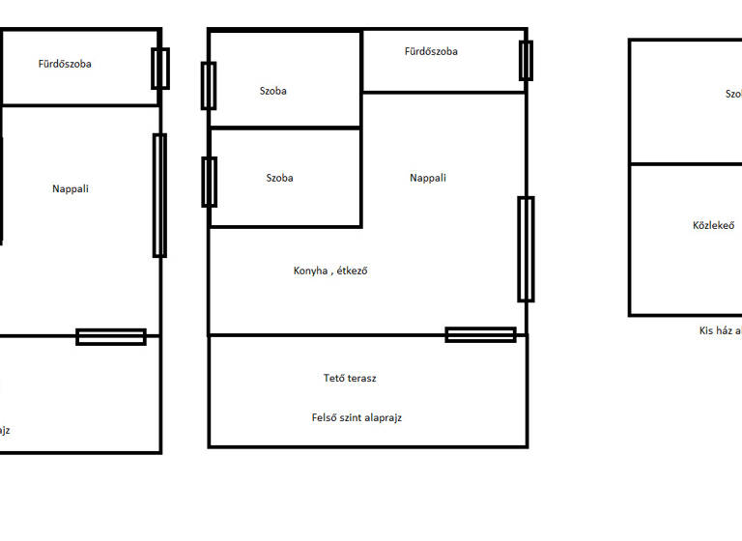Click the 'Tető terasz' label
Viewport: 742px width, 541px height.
350,379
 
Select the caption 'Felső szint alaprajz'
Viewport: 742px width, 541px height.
357,418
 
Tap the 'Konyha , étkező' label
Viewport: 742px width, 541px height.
330,270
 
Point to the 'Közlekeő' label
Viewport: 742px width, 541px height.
713,226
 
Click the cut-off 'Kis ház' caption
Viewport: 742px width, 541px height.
720,330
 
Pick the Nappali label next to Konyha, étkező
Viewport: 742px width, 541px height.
428,178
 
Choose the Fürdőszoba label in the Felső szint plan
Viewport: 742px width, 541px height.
431,51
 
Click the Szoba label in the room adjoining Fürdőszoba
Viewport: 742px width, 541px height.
273,92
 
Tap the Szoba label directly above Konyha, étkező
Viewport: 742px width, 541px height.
279,178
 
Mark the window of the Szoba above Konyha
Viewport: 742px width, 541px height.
209,182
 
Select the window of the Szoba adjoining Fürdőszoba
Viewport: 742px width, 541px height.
209,86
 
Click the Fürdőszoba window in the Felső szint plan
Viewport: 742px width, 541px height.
526,60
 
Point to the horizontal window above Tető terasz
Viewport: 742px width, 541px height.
480,335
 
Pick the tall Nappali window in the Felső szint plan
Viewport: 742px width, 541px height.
526,249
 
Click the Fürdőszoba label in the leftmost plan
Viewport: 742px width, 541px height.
65,65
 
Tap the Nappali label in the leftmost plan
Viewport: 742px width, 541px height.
71,189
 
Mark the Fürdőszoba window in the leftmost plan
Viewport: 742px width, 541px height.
160,69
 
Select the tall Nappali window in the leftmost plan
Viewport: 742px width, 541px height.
159,195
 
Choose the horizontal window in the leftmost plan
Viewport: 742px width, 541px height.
111,337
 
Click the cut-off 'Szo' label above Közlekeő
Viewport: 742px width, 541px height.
733,94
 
